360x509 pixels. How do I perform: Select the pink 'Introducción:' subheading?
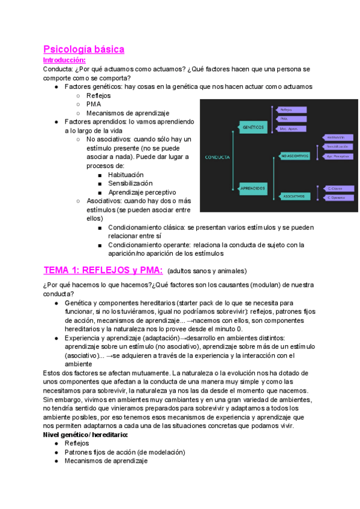pos(65,60)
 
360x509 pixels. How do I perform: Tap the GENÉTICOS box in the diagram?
pos(254,127)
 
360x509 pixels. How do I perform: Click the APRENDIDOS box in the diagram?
pos(253,188)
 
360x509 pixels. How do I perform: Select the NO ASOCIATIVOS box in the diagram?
pos(295,156)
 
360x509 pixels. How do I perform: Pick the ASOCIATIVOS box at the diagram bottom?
pos(294,196)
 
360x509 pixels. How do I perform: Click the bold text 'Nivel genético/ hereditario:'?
pos(85,435)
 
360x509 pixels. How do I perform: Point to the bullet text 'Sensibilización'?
pos(130,183)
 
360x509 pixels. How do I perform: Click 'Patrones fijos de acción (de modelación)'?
pos(125,452)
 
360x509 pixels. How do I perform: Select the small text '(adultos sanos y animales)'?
pos(206,271)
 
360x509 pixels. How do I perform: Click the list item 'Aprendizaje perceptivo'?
pos(142,192)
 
